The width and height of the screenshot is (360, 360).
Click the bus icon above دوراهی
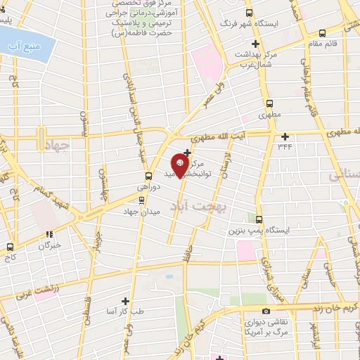[148, 176]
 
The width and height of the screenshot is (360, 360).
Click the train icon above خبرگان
[49, 236]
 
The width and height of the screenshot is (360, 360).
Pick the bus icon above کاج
[11, 247]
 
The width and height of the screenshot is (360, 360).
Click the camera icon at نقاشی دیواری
[266, 311]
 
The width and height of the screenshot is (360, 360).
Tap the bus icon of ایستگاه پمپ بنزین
[259, 219]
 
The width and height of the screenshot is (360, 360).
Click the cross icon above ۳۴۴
[285, 136]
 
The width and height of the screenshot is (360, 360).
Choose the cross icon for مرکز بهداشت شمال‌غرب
[255, 44]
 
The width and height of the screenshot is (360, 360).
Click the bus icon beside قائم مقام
[322, 33]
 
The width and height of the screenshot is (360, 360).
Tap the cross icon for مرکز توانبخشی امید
[187, 152]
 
